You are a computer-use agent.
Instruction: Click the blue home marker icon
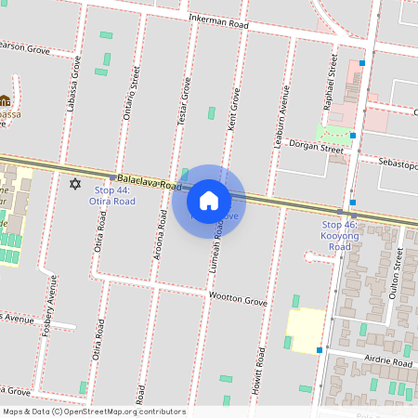(x=208, y=200)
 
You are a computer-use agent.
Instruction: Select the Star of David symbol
(x=75, y=183)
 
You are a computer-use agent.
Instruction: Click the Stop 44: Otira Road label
(x=112, y=195)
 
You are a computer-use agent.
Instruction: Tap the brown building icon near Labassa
(x=6, y=100)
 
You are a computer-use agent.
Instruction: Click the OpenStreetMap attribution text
(x=94, y=411)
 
